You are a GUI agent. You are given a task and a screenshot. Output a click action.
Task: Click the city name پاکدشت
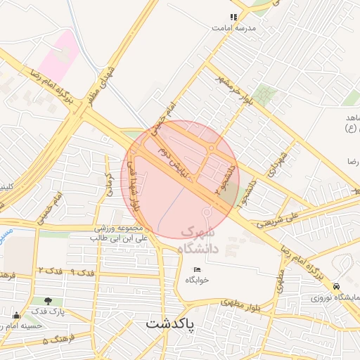179,324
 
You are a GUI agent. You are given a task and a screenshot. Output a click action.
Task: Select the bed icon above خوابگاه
197,270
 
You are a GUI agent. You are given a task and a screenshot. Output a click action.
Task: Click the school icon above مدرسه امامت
233,17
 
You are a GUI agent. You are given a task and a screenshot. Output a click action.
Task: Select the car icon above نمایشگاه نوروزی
337,287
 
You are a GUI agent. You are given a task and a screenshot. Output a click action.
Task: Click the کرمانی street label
109,185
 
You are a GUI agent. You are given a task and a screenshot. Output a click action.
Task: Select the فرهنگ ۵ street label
56,341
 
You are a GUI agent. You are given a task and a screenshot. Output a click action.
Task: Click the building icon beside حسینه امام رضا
16,315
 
